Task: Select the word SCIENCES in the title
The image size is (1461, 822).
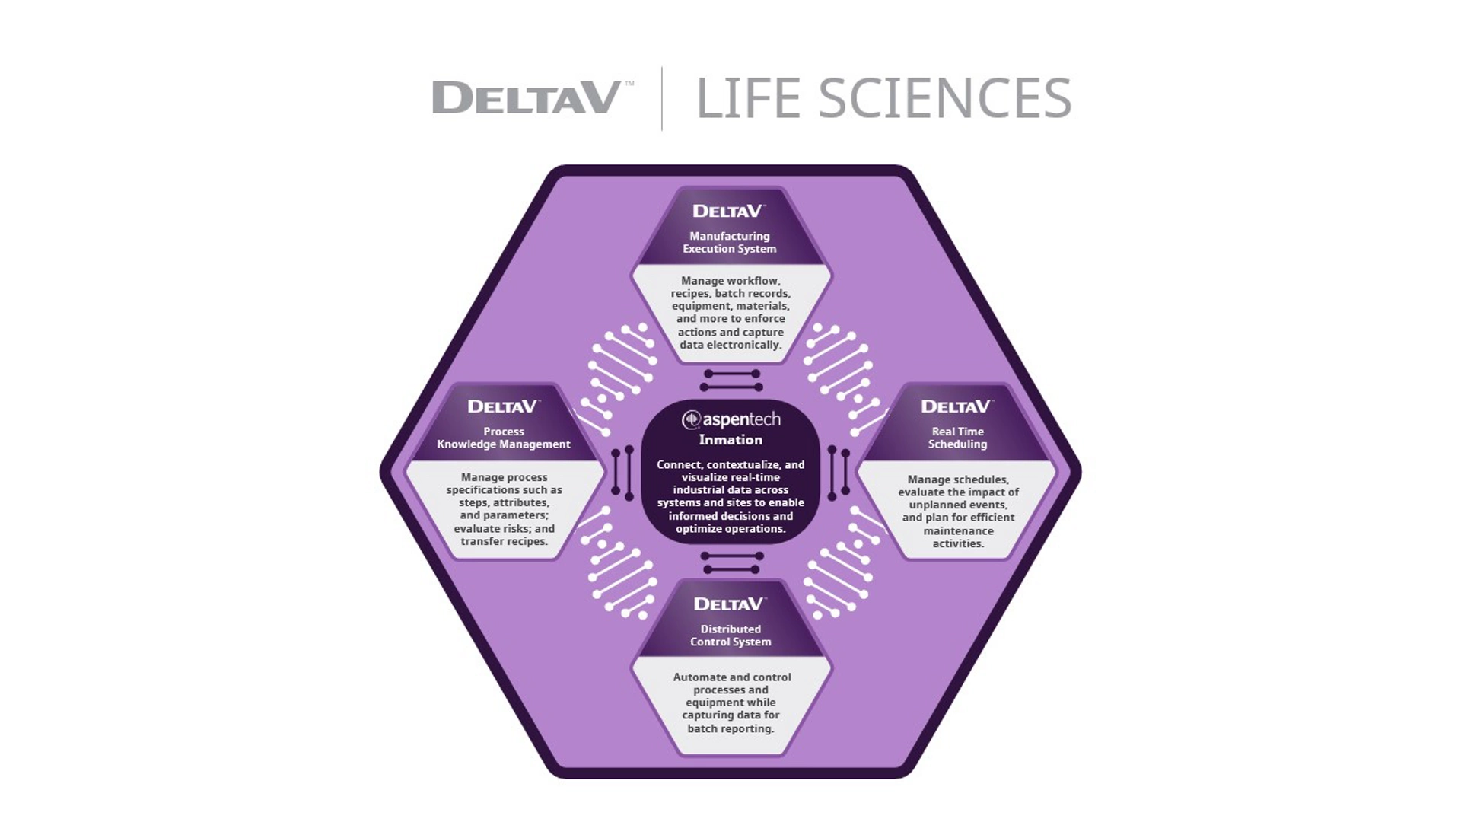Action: (944, 99)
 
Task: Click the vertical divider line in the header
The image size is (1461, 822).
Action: (662, 99)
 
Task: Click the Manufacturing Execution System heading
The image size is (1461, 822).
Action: (729, 242)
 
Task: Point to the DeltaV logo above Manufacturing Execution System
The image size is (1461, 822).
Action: (728, 211)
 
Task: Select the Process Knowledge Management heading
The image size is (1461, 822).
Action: (503, 438)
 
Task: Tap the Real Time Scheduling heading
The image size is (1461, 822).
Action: (957, 438)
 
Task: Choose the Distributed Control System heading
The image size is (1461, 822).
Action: (730, 636)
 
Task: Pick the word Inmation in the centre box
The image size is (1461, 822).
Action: (730, 440)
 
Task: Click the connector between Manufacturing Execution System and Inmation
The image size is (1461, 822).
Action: (730, 381)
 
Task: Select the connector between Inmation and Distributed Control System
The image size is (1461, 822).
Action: (731, 562)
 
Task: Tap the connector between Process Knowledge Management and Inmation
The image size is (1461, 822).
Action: (622, 473)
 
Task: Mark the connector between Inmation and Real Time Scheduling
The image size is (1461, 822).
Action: (838, 473)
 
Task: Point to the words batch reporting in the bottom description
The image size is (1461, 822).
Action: (730, 728)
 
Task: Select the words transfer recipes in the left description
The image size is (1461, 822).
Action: (504, 541)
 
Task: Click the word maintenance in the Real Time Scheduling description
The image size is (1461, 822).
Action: (958, 530)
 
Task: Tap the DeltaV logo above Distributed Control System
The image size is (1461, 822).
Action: (728, 604)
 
